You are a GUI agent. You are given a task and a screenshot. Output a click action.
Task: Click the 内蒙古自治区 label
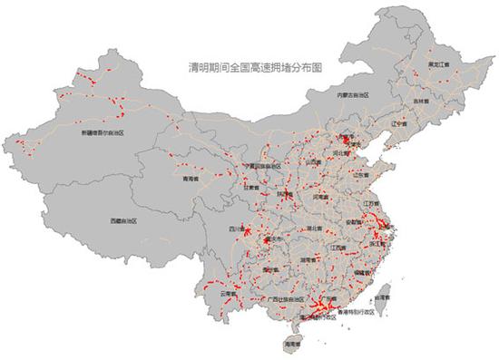[350, 93]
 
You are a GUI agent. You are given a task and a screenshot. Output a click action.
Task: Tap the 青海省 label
[191, 180]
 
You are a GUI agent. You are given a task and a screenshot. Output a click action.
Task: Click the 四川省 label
[237, 229]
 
